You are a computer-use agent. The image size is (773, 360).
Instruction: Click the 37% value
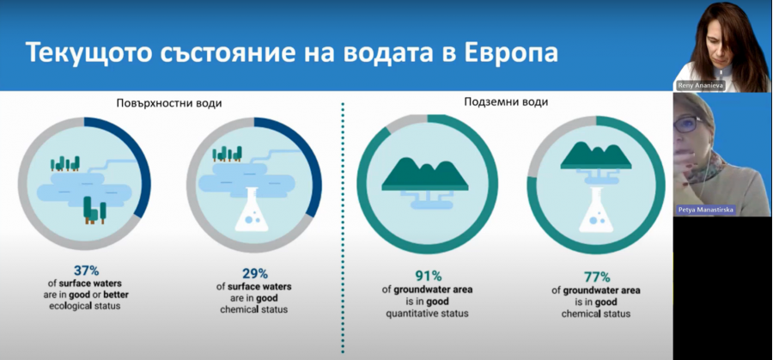[x=86, y=271]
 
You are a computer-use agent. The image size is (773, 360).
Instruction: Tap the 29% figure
[x=254, y=274]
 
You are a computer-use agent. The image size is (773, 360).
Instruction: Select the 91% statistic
[x=428, y=276]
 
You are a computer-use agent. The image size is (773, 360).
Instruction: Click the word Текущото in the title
[x=88, y=52]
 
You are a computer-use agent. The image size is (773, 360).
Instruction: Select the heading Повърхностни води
[x=169, y=103]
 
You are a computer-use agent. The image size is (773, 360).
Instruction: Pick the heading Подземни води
[x=506, y=102]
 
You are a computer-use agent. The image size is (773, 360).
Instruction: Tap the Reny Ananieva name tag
[x=701, y=86]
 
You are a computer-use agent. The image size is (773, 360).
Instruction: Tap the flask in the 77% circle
[x=596, y=211]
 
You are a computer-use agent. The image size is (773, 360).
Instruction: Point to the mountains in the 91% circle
[x=425, y=174]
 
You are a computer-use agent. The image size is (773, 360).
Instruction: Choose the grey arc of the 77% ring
[x=551, y=139]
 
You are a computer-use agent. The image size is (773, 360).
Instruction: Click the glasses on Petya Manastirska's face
[x=689, y=124]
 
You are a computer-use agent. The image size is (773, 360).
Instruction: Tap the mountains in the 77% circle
[x=596, y=155]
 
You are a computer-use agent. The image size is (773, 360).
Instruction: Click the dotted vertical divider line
[x=343, y=228]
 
